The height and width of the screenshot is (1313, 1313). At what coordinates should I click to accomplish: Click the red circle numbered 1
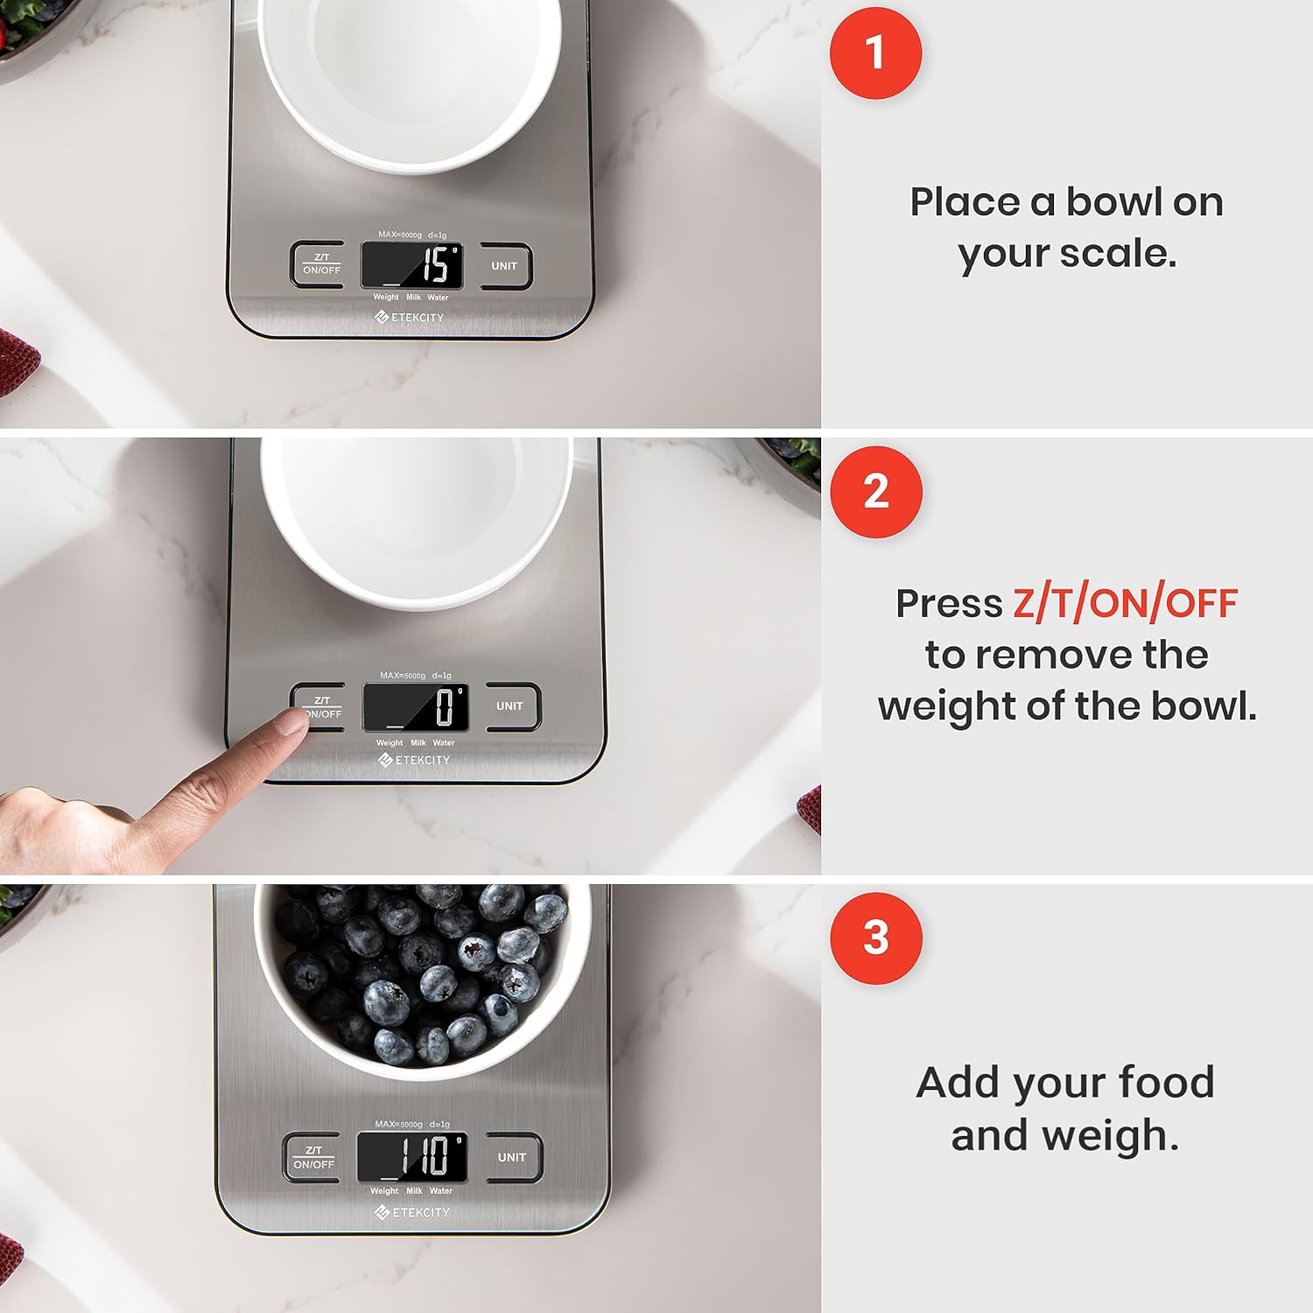[x=875, y=53]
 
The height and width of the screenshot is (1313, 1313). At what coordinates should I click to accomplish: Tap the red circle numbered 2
[x=876, y=492]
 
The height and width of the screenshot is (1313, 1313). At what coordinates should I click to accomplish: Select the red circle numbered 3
[x=876, y=938]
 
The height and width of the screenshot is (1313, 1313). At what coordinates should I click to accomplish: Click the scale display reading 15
[x=412, y=265]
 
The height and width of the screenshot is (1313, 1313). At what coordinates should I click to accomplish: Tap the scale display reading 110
[x=412, y=1156]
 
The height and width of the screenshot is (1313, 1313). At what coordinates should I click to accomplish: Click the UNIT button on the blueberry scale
[x=512, y=1157]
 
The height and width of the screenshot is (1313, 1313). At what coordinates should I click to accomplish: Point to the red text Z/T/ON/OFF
[x=1125, y=604]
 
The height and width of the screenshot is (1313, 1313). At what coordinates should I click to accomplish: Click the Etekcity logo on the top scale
[x=410, y=318]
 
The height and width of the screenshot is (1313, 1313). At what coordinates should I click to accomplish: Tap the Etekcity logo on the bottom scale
[x=412, y=1212]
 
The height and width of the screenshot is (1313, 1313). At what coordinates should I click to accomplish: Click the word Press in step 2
[x=949, y=604]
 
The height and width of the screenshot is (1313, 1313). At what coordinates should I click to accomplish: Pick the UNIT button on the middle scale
[x=509, y=706]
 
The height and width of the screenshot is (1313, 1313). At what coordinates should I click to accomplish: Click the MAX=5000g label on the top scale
[x=400, y=235]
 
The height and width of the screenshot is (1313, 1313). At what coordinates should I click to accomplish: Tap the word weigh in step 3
[x=1106, y=1135]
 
